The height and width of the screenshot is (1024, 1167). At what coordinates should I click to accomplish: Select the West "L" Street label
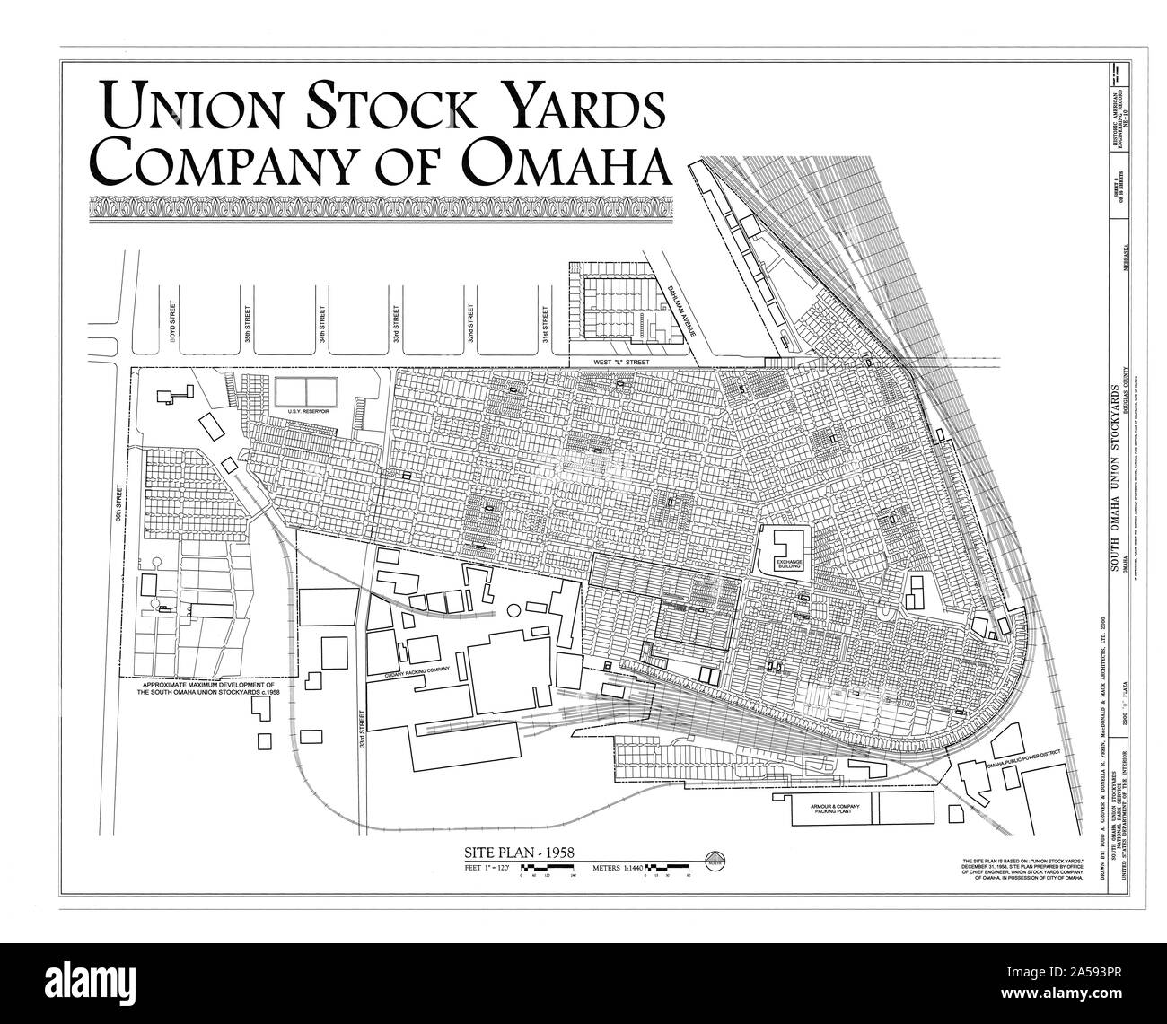[x=634, y=362]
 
